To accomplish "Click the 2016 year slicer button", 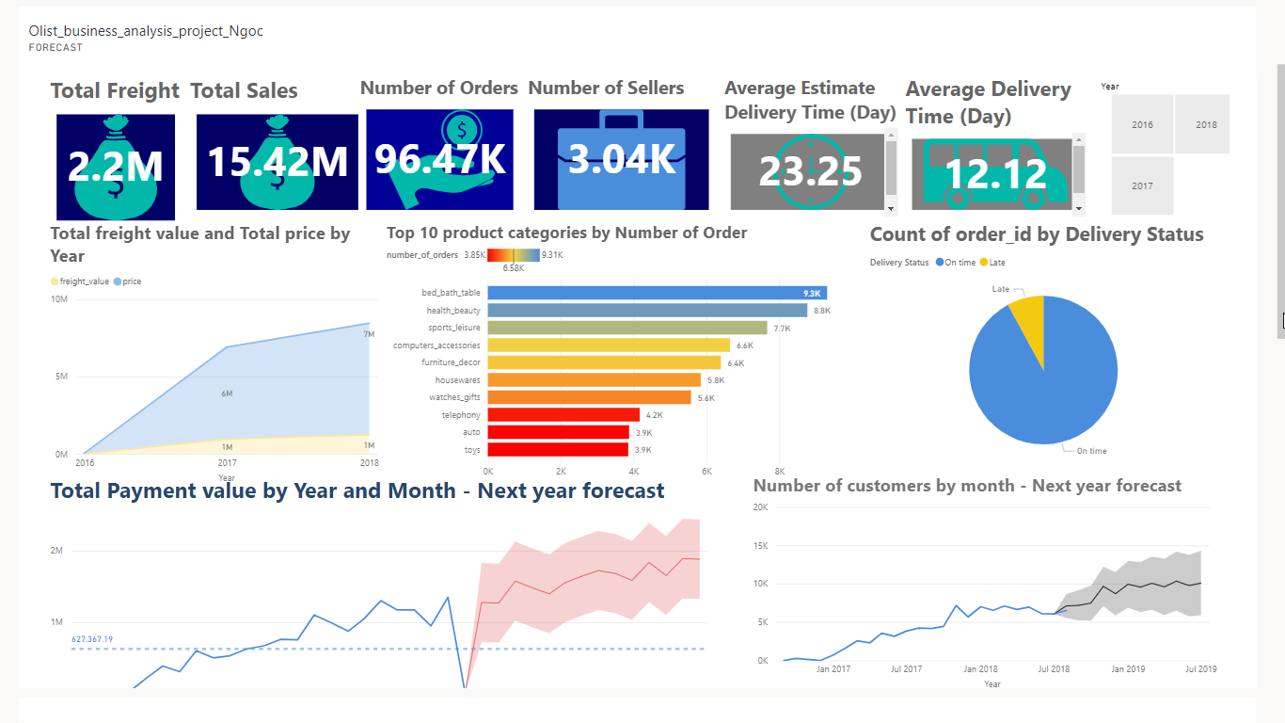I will coord(1142,124).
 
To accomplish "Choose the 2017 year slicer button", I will coord(1142,186).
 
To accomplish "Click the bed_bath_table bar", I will coord(657,293).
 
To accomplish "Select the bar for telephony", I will coord(563,415).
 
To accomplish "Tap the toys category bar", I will coord(558,450).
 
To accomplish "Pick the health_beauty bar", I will coord(647,311).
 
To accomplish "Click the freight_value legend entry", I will coord(84,281).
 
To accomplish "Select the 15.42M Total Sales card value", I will coord(278,162).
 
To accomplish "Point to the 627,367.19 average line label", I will coord(92,639).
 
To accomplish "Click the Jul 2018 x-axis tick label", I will coord(1054,669).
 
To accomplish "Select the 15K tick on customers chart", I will coord(761,546).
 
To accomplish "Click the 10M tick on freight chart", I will coord(58,299).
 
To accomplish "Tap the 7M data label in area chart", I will coord(369,334).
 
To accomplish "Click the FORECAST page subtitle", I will coord(56,47).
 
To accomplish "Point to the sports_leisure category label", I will coord(453,328).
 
